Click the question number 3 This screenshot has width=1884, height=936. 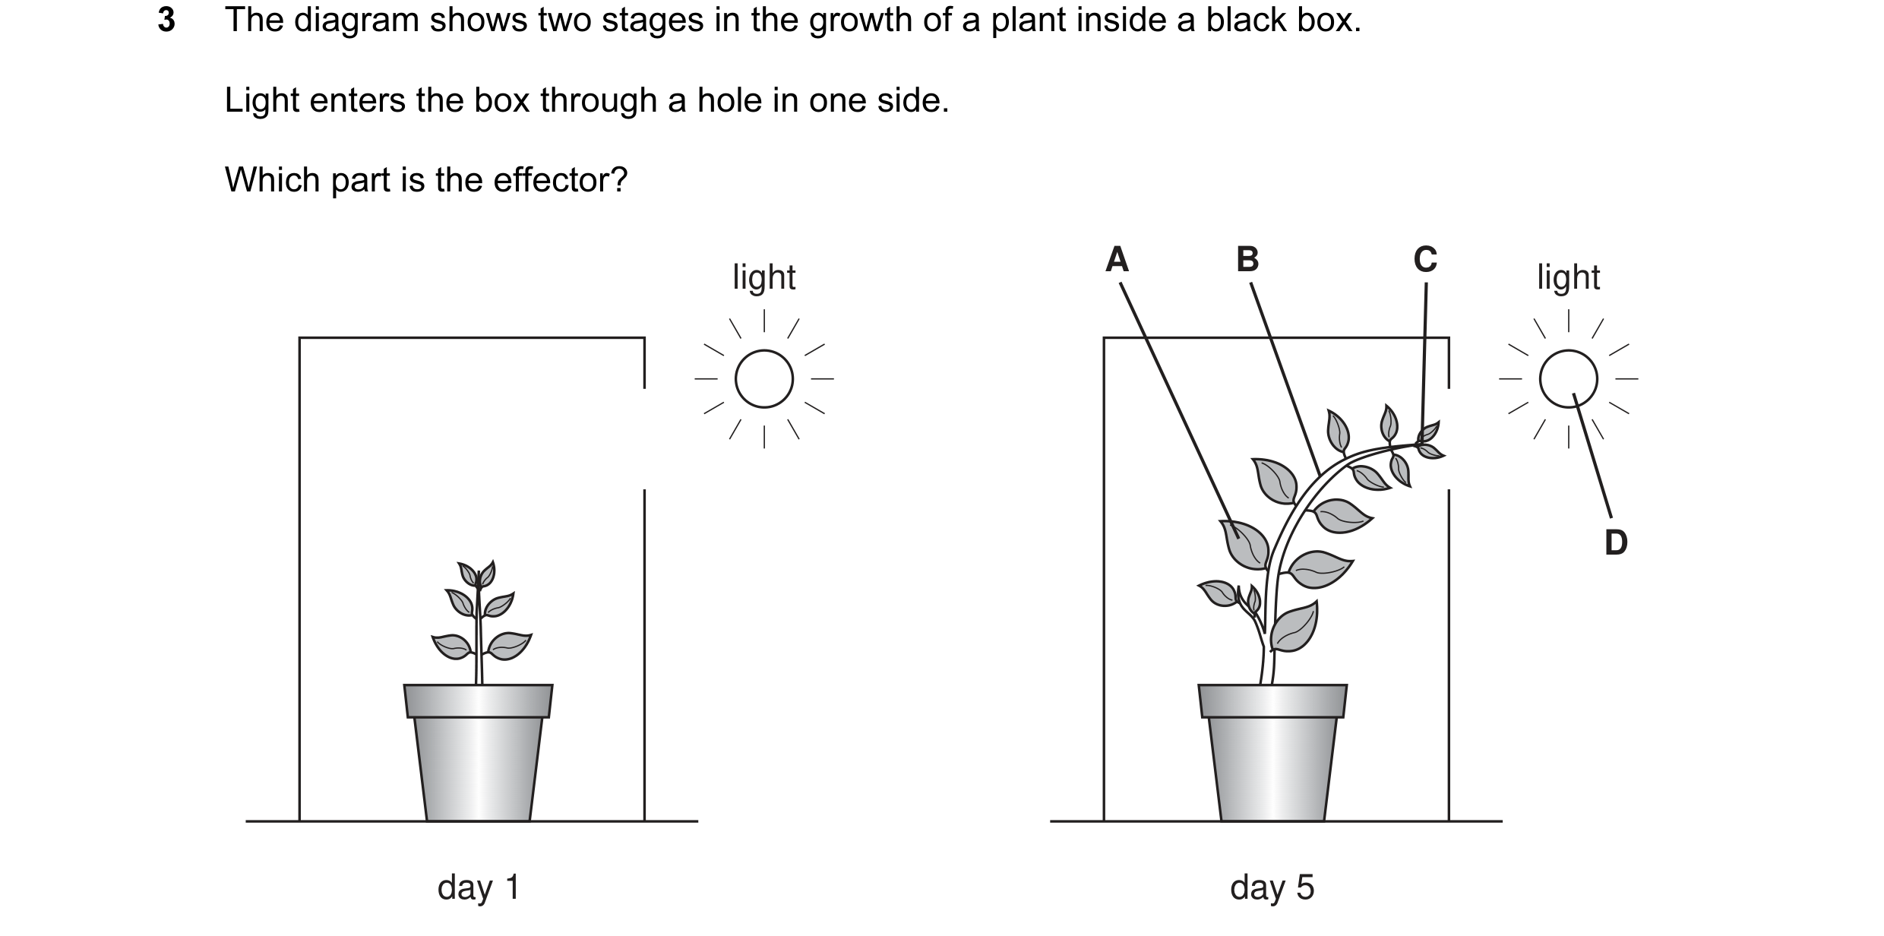pos(166,21)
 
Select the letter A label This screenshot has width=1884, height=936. pos(1117,259)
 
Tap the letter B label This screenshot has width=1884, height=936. pos(1247,259)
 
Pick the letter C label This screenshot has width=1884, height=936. pos(1425,259)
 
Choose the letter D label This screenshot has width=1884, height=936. pos(1616,542)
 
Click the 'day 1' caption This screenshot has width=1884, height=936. pos(479,887)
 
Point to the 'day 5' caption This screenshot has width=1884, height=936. pos(1272,887)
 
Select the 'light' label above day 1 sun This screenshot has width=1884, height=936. pos(764,277)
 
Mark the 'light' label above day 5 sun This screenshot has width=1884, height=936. pos(1569,277)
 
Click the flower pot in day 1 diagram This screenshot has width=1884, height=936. pos(478,752)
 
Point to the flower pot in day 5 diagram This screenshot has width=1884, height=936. pos(1272,752)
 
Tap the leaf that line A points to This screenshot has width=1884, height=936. pos(1244,543)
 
